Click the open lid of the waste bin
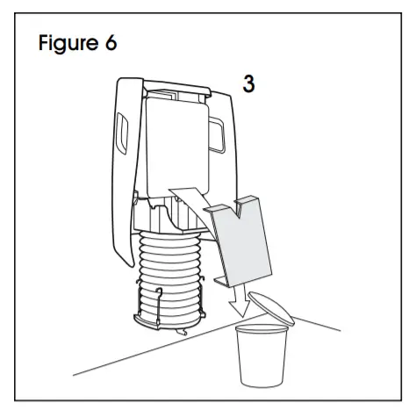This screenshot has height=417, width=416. (x=278, y=306)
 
